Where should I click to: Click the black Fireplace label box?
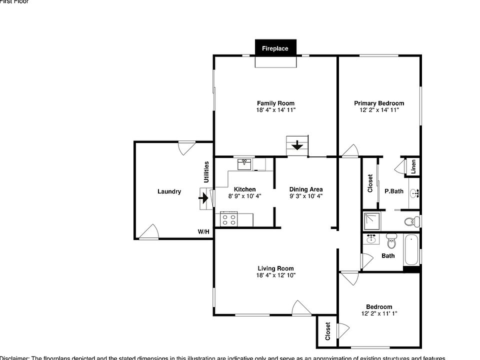pos(275,48)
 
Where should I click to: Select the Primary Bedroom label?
pos(379,103)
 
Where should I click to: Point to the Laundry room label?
pos(169,191)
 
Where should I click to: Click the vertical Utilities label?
pos(206,171)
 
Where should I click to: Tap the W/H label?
pos(203,232)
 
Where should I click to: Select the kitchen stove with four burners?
pos(229,219)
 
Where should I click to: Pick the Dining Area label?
pos(306,189)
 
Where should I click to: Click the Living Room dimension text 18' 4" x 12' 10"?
pos(275,275)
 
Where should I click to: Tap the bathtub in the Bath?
pos(410,250)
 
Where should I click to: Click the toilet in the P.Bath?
pos(411,221)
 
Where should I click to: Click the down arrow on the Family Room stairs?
pos(297,146)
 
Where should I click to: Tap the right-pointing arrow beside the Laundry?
pos(204,197)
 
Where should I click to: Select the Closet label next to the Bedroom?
pos(328,331)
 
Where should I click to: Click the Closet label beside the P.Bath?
pos(370,183)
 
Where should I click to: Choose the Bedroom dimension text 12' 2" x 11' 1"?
pos(379,313)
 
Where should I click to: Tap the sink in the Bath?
pos(371,239)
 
